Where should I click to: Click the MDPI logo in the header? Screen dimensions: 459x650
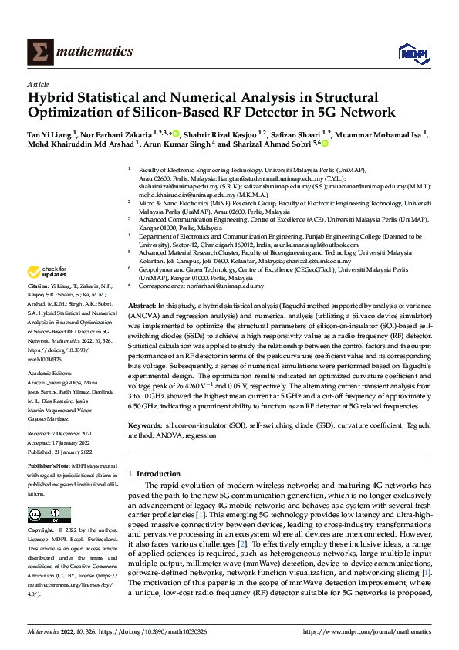pyautogui.click(x=411, y=52)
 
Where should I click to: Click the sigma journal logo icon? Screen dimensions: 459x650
pyautogui.click(x=36, y=52)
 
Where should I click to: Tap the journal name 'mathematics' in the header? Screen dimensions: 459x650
pyautogui.click(x=92, y=52)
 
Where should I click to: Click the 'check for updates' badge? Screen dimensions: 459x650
pyautogui.click(x=47, y=272)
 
